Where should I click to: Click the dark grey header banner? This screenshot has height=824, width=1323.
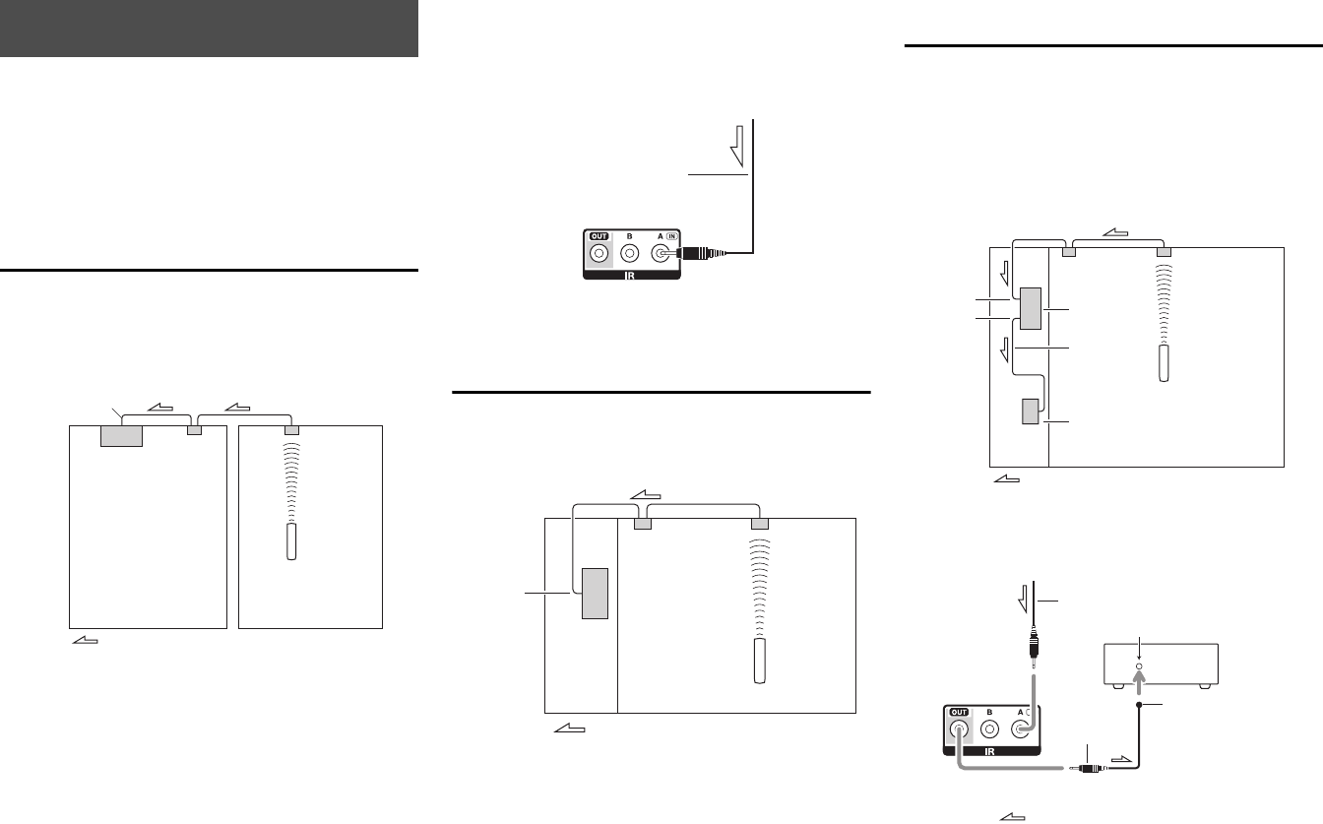pos(209,29)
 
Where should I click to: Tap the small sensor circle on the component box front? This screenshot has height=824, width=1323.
pos(1140,666)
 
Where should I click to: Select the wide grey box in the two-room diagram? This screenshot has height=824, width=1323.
pos(122,435)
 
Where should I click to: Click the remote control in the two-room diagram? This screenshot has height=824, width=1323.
pos(290,542)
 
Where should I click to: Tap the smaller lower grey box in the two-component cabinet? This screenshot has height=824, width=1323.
pos(1030,411)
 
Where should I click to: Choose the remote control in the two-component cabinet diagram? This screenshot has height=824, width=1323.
pos(1165,363)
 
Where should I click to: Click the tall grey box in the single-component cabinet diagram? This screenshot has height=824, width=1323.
pos(595,593)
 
